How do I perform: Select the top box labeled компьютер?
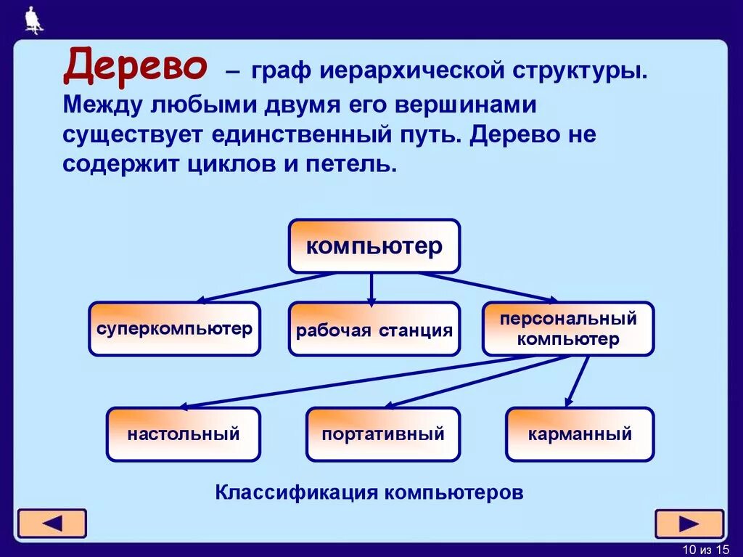(x=374, y=246)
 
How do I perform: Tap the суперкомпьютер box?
(x=174, y=329)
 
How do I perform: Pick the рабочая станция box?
(x=374, y=330)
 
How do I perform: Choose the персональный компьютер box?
(x=568, y=329)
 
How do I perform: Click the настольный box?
(x=183, y=434)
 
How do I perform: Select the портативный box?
(x=382, y=434)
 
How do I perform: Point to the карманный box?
(x=580, y=434)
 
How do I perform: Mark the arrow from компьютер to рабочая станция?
(x=371, y=288)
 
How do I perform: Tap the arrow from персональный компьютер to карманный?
(x=578, y=381)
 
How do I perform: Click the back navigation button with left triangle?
(x=52, y=524)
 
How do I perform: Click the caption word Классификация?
(x=297, y=492)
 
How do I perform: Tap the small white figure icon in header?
(x=33, y=20)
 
